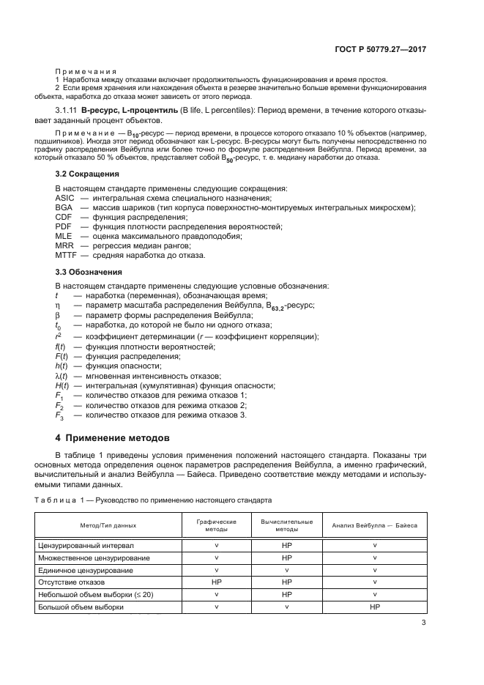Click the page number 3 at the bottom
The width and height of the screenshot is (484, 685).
424,623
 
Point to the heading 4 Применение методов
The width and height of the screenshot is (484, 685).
113,437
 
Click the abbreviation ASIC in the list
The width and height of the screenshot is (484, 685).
64,199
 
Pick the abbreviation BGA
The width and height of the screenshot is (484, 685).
64,208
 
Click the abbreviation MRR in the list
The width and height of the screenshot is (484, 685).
64,246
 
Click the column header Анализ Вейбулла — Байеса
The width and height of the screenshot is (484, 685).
374,525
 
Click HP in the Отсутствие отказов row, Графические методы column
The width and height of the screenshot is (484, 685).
216,582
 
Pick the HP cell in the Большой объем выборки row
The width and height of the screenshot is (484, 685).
375,607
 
